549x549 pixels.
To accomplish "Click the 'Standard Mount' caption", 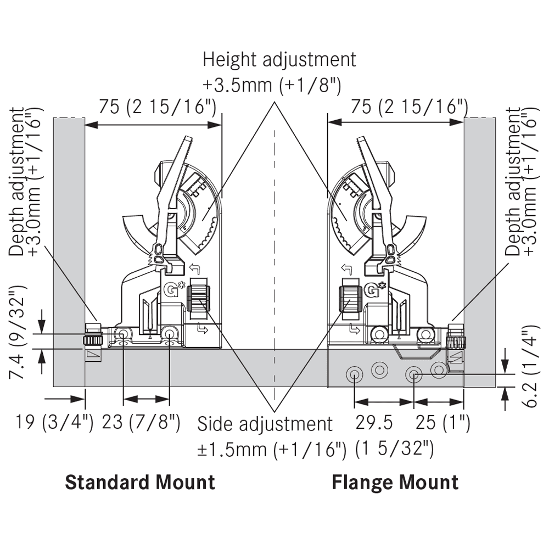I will tap(140, 482).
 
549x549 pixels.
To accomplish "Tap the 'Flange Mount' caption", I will tap(395, 482).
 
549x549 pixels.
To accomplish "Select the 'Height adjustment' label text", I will tap(279, 59).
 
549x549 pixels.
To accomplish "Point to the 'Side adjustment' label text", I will tap(265, 424).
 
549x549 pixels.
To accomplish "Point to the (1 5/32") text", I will tap(395, 449).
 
